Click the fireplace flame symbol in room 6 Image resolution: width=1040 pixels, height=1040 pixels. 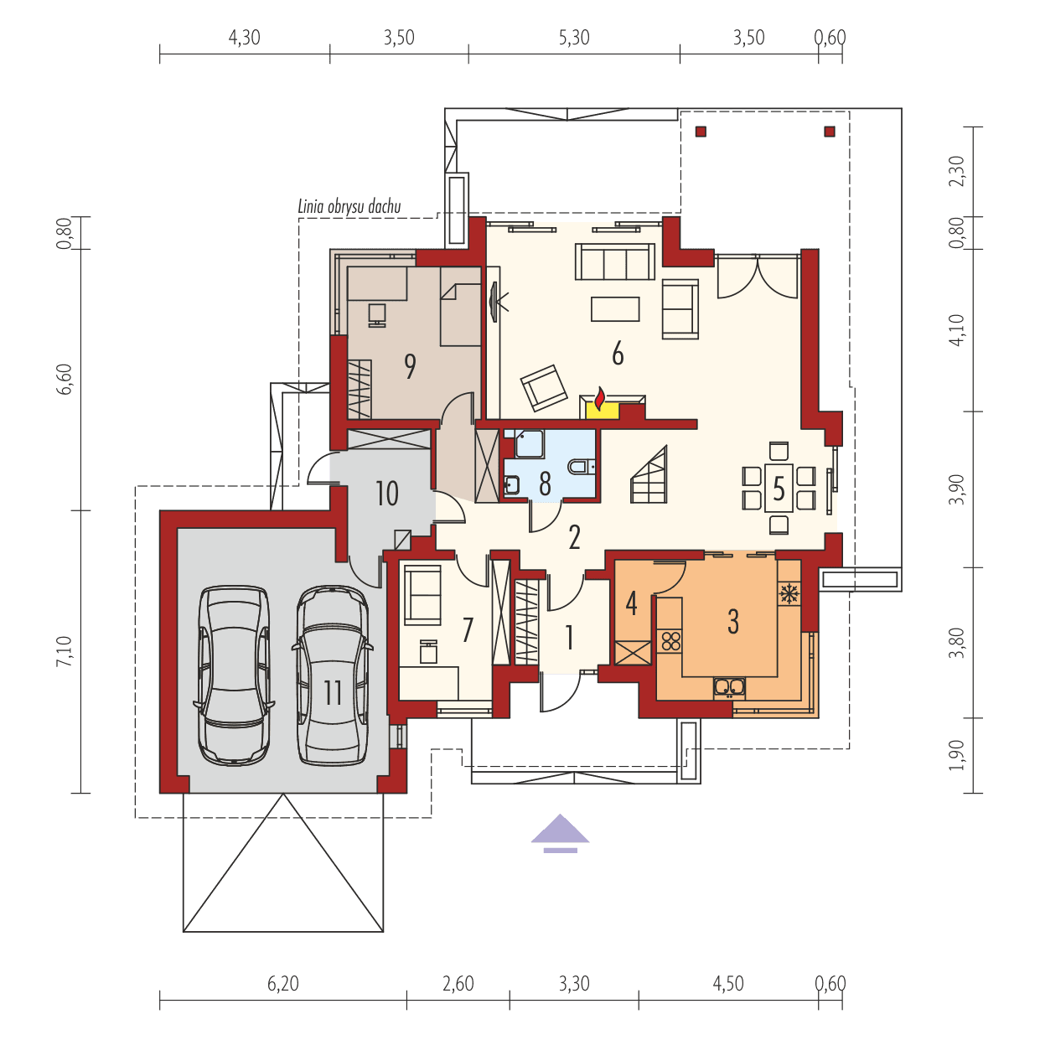(x=600, y=399)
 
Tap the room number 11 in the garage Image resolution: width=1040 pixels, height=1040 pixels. (x=333, y=692)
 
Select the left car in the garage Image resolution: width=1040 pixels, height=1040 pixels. (x=234, y=674)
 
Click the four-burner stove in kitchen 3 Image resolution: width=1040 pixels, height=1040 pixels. (x=670, y=642)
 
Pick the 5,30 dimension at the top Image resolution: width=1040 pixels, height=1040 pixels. (x=573, y=38)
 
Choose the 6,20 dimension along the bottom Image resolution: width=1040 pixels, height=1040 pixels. (x=283, y=983)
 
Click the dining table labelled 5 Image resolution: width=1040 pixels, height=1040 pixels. (x=779, y=488)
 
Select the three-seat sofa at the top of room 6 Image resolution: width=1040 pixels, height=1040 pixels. (x=614, y=261)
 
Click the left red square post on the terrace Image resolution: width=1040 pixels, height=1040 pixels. (x=701, y=131)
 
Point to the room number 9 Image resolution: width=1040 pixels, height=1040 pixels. (x=410, y=365)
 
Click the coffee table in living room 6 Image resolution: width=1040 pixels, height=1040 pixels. (x=615, y=309)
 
